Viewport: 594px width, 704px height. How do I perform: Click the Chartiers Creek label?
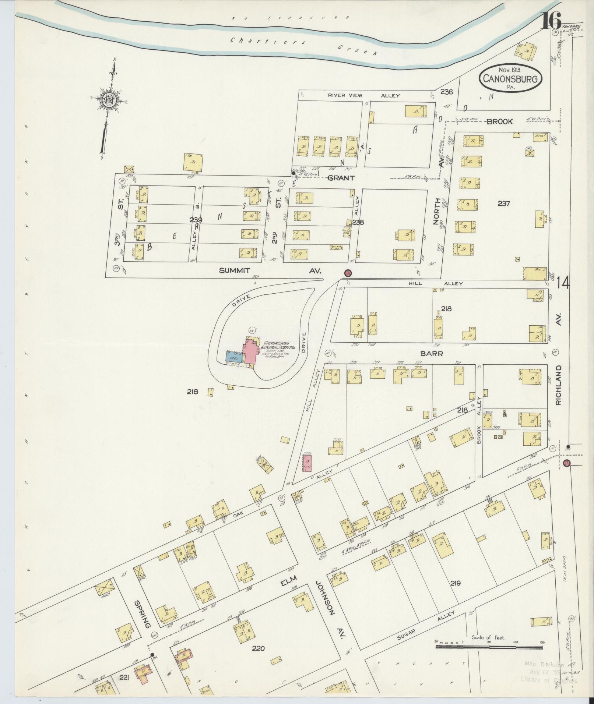304,46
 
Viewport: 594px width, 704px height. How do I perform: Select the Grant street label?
341,178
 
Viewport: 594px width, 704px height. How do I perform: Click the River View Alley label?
363,95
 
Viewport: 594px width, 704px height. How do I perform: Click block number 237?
503,203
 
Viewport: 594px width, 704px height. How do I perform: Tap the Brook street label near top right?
500,121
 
